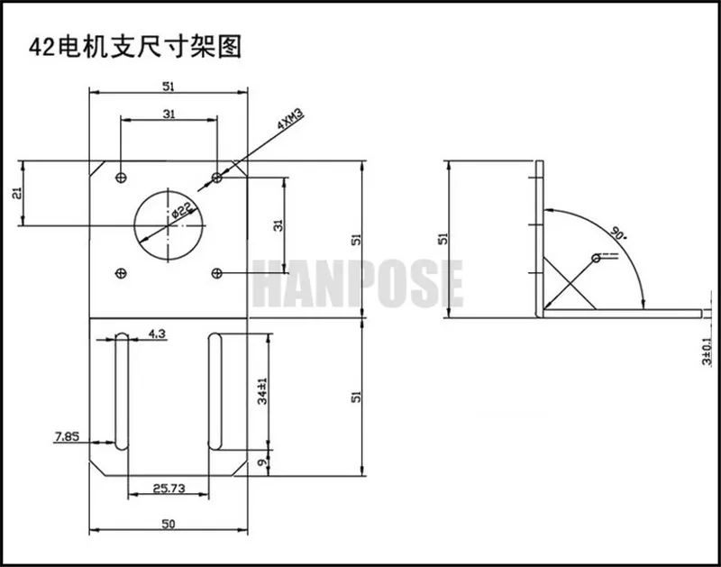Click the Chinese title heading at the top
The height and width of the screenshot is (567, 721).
click(x=135, y=47)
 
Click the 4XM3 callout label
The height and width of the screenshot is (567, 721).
click(x=290, y=119)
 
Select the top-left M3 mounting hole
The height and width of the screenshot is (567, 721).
click(x=122, y=177)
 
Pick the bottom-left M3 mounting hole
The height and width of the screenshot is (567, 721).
click(x=122, y=274)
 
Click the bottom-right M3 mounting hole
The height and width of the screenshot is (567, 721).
click(x=216, y=274)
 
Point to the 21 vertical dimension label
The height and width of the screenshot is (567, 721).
click(x=17, y=193)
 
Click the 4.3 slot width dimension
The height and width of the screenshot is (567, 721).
click(x=157, y=334)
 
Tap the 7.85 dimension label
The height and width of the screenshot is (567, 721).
click(x=67, y=436)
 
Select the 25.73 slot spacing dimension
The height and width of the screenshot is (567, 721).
click(x=169, y=488)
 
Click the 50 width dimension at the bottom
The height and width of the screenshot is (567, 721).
click(x=169, y=524)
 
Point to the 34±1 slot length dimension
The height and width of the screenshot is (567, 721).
click(x=262, y=391)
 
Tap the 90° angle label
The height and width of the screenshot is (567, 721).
click(x=617, y=233)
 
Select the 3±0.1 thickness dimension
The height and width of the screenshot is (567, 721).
click(x=707, y=352)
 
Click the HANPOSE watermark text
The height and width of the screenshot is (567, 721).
click(x=358, y=283)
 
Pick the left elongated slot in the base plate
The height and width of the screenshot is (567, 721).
click(x=122, y=391)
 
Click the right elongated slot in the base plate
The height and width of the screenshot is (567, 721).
click(x=215, y=391)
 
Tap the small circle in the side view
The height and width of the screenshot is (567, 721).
click(x=596, y=258)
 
